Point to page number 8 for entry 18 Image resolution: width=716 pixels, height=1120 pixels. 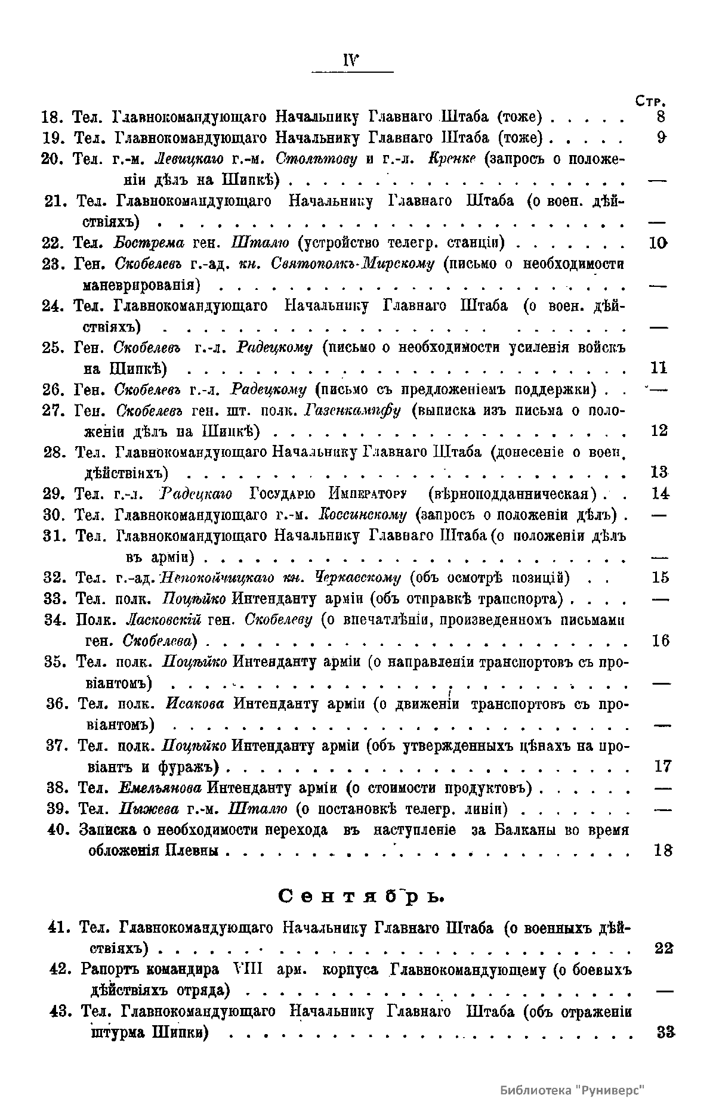pos(661,117)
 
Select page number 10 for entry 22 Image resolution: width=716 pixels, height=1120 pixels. pos(658,243)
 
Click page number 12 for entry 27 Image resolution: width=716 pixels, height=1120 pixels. pos(659,431)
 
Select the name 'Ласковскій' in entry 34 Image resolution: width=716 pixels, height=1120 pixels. pos(165,620)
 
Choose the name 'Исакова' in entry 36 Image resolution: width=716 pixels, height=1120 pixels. pos(195,703)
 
